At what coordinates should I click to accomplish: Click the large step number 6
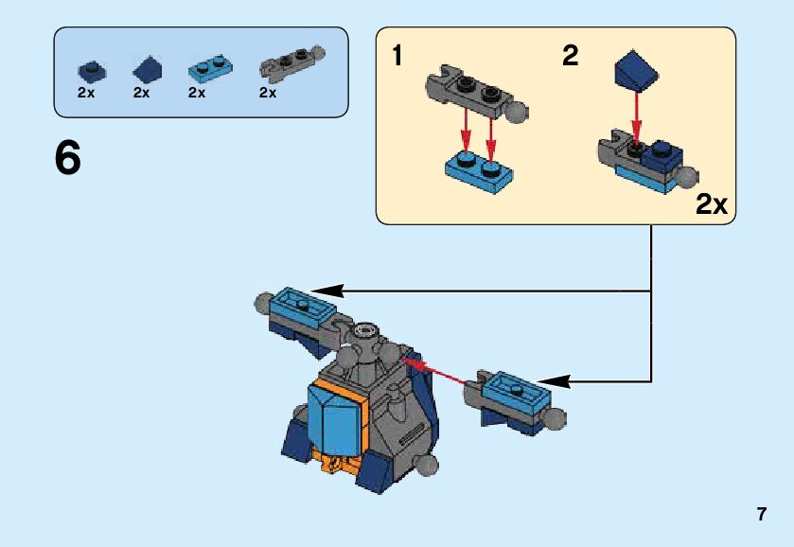pyautogui.click(x=68, y=159)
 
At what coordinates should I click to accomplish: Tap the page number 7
pyautogui.click(x=761, y=515)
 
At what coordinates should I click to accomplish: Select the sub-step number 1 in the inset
pyautogui.click(x=397, y=57)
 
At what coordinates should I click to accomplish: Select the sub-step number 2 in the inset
pyautogui.click(x=570, y=57)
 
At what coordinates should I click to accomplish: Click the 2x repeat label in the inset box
pyautogui.click(x=712, y=204)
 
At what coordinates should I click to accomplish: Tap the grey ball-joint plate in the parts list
pyautogui.click(x=290, y=62)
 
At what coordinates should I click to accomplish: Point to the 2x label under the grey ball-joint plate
pyautogui.click(x=268, y=93)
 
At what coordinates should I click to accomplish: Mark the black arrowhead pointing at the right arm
pyautogui.click(x=555, y=381)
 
